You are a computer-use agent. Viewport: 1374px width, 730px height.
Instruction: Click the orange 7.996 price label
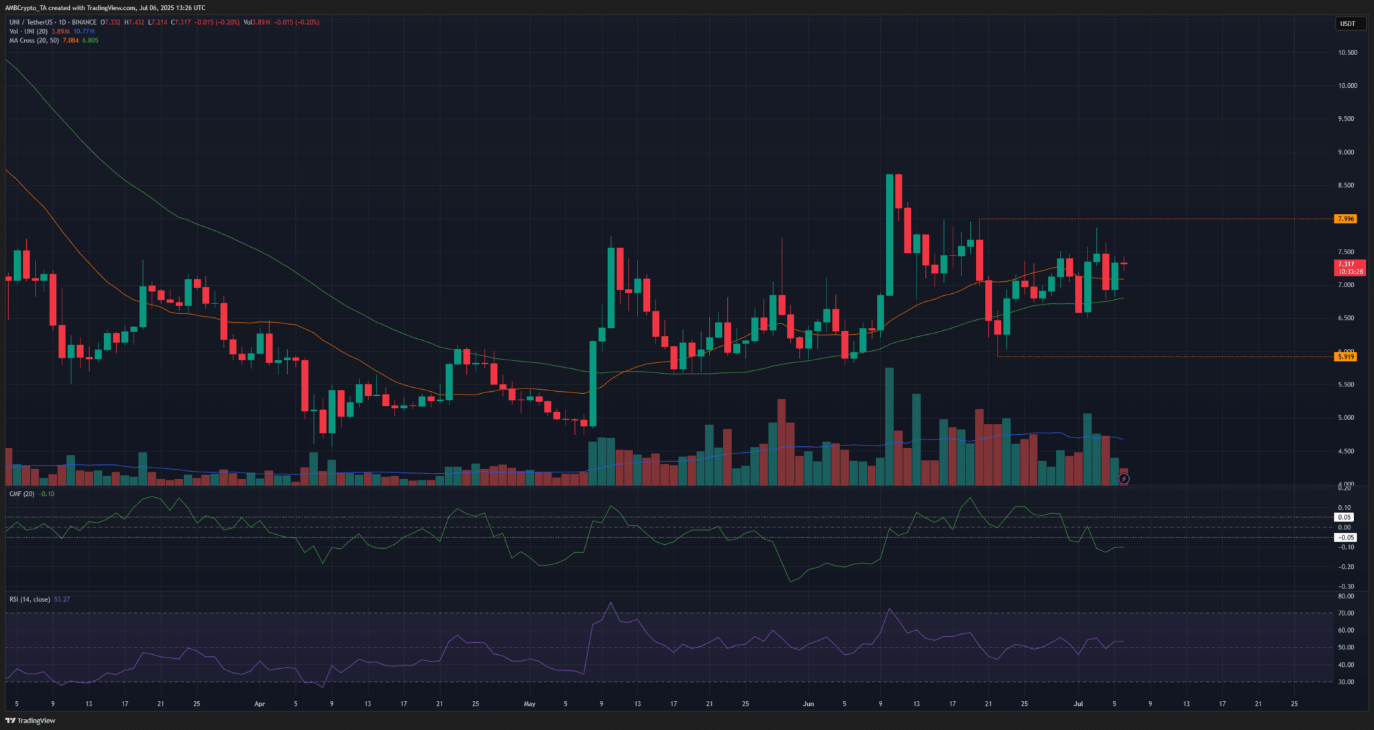pyautogui.click(x=1345, y=219)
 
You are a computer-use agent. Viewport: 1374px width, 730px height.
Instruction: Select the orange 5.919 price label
pyautogui.click(x=1345, y=357)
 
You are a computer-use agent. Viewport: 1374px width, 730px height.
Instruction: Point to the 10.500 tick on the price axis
pyautogui.click(x=1347, y=52)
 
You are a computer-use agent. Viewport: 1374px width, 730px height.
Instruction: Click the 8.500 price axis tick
pyautogui.click(x=1347, y=185)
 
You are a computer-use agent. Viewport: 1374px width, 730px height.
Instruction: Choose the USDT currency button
pyautogui.click(x=1347, y=24)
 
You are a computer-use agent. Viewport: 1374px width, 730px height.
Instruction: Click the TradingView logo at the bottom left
pyautogui.click(x=32, y=721)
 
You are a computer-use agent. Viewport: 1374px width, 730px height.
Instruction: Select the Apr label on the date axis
pyautogui.click(x=260, y=704)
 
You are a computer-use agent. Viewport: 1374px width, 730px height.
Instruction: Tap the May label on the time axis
pyautogui.click(x=529, y=704)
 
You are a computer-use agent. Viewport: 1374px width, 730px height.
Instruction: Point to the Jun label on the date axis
pyautogui.click(x=808, y=704)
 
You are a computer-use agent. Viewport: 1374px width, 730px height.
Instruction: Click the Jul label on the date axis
pyautogui.click(x=1078, y=704)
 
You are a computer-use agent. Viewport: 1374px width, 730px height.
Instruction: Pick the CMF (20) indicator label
pyautogui.click(x=22, y=494)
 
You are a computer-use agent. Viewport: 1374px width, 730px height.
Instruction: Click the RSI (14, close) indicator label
pyautogui.click(x=30, y=599)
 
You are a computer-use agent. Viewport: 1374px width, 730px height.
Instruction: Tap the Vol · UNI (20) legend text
pyautogui.click(x=28, y=32)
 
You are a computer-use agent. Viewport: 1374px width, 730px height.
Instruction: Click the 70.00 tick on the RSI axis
pyautogui.click(x=1345, y=613)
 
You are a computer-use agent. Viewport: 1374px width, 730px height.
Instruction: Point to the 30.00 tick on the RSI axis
pyautogui.click(x=1345, y=682)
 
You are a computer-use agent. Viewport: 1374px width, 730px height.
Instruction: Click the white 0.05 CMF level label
pyautogui.click(x=1344, y=517)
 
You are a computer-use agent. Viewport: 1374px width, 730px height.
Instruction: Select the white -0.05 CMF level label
pyautogui.click(x=1345, y=537)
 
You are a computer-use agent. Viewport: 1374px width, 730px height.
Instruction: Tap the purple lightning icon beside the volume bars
pyautogui.click(x=1124, y=478)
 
